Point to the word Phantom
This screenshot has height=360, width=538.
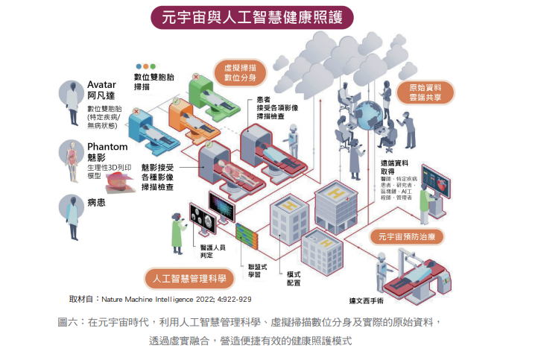tap(107, 147)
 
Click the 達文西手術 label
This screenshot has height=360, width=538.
tap(366, 301)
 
